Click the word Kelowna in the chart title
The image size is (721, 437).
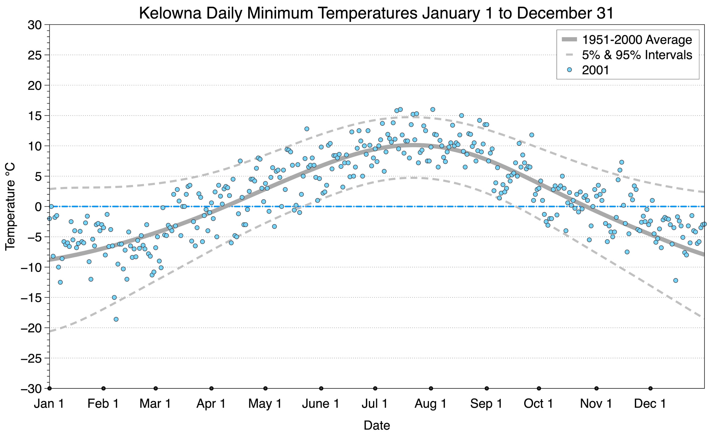[x=170, y=13]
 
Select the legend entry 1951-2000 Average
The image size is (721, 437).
[x=637, y=40]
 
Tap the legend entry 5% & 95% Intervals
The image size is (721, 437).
[x=637, y=55]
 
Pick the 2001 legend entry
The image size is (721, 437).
[x=595, y=70]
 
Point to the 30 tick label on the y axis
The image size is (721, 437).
[x=35, y=25]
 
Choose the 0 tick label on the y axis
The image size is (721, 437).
[x=38, y=207]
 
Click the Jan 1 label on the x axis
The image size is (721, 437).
[x=49, y=404]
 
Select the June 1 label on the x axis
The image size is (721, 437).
[x=320, y=404]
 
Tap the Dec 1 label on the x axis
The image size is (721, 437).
[x=650, y=404]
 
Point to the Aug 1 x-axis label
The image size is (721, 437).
[x=430, y=404]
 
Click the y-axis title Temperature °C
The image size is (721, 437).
[x=10, y=207]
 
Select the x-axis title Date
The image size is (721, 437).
[x=377, y=425]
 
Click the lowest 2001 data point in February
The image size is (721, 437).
[x=116, y=319]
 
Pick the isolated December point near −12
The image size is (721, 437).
[x=675, y=280]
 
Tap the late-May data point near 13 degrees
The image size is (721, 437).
[x=307, y=129]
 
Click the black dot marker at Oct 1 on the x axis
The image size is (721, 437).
[x=539, y=388]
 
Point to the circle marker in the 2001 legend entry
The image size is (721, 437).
[x=569, y=70]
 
